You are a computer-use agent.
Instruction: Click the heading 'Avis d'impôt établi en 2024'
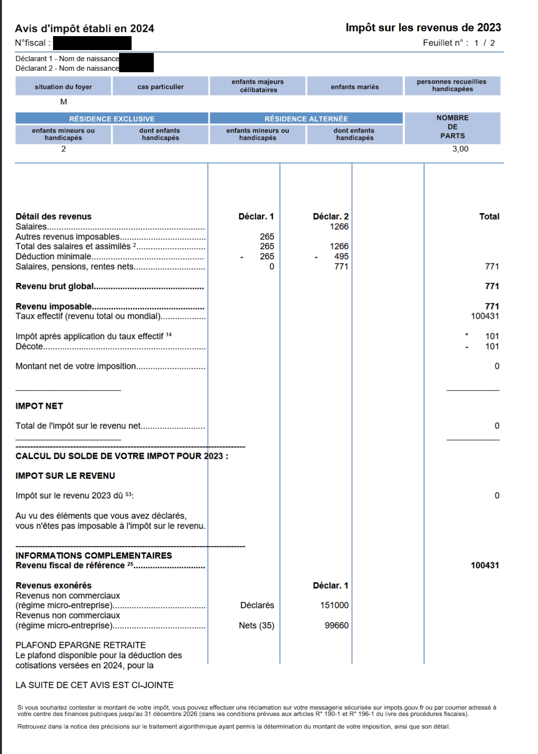click(85, 29)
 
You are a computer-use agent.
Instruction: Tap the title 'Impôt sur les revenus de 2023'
click(423, 28)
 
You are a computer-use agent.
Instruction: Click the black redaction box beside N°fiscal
click(92, 43)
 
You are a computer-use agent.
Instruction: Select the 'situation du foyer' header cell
click(63, 87)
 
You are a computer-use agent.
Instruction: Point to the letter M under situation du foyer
click(63, 102)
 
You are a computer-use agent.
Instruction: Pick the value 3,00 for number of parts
click(460, 149)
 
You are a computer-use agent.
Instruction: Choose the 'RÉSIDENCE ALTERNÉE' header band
click(306, 118)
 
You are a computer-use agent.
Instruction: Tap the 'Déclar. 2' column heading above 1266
click(330, 217)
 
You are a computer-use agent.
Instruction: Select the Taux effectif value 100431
click(484, 316)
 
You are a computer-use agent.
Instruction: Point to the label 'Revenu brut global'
click(54, 286)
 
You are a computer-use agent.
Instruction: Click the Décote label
click(29, 347)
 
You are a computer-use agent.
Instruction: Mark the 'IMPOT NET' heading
click(40, 406)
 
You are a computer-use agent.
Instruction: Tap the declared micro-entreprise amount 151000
click(334, 605)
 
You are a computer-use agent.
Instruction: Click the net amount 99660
click(336, 625)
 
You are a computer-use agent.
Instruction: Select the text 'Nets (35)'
click(256, 625)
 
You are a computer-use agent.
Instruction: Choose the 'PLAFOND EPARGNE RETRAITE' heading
click(81, 645)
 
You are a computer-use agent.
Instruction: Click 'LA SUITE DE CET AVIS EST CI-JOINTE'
click(94, 685)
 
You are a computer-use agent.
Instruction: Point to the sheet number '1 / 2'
click(484, 43)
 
